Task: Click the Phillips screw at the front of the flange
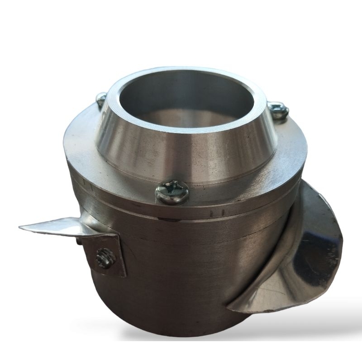coord(172,192)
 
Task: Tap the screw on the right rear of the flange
coord(278,110)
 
